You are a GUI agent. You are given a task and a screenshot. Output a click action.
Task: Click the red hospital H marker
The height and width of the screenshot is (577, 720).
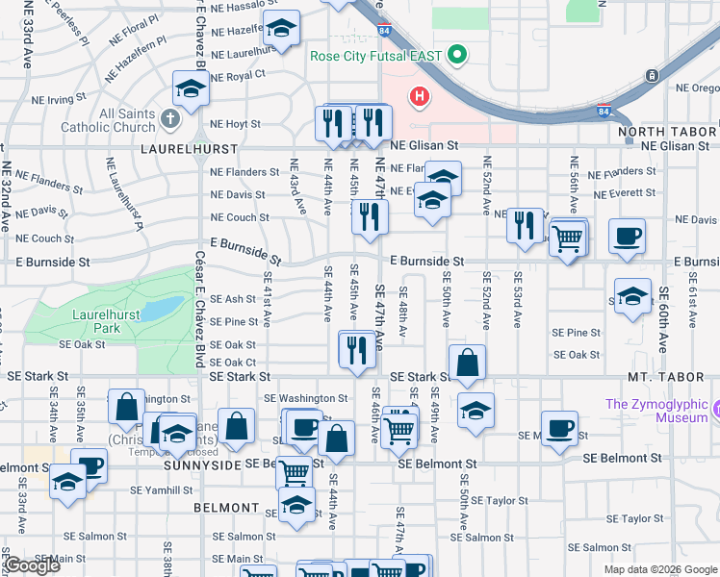click(420, 96)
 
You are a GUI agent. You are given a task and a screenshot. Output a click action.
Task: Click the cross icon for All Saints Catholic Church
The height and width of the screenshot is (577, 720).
click(169, 120)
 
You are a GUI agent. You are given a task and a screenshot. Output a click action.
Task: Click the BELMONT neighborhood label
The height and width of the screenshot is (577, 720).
click(226, 507)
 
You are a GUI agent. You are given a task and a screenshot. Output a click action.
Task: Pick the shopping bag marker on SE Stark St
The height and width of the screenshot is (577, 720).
click(467, 364)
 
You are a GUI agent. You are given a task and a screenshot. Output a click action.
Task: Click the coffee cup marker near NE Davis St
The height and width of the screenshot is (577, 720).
click(627, 236)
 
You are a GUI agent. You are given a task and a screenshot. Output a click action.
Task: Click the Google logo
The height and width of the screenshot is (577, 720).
click(32, 565)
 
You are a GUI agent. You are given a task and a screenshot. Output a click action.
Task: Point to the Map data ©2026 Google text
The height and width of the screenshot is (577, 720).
click(659, 569)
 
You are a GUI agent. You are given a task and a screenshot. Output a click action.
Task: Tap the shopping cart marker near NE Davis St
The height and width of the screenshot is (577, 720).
click(568, 237)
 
